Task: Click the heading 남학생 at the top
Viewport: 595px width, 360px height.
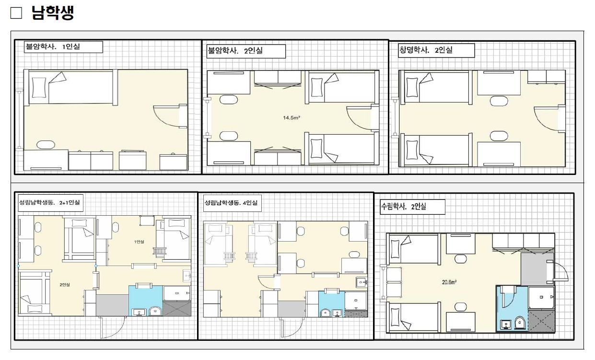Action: [x=53, y=12]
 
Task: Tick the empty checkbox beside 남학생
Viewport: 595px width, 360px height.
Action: [x=16, y=13]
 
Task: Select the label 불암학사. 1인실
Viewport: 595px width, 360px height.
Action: [x=53, y=46]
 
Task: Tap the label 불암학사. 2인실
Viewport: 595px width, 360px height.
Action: [x=235, y=50]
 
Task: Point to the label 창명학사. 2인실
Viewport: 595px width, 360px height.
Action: [x=426, y=50]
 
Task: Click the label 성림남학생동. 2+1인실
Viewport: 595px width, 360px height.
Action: [x=49, y=202]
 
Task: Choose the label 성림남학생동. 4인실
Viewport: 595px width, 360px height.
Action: [x=231, y=203]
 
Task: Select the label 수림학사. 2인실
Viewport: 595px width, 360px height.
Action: [x=404, y=206]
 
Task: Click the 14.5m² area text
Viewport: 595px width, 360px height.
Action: [x=292, y=117]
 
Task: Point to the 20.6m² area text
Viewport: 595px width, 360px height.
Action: [x=449, y=282]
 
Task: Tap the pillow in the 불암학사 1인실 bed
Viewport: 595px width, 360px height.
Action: [x=39, y=88]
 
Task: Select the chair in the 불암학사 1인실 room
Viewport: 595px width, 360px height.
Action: [x=46, y=145]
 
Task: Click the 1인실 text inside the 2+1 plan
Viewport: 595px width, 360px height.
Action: [x=139, y=242]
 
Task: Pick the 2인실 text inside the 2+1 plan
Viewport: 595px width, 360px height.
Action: [x=65, y=285]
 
